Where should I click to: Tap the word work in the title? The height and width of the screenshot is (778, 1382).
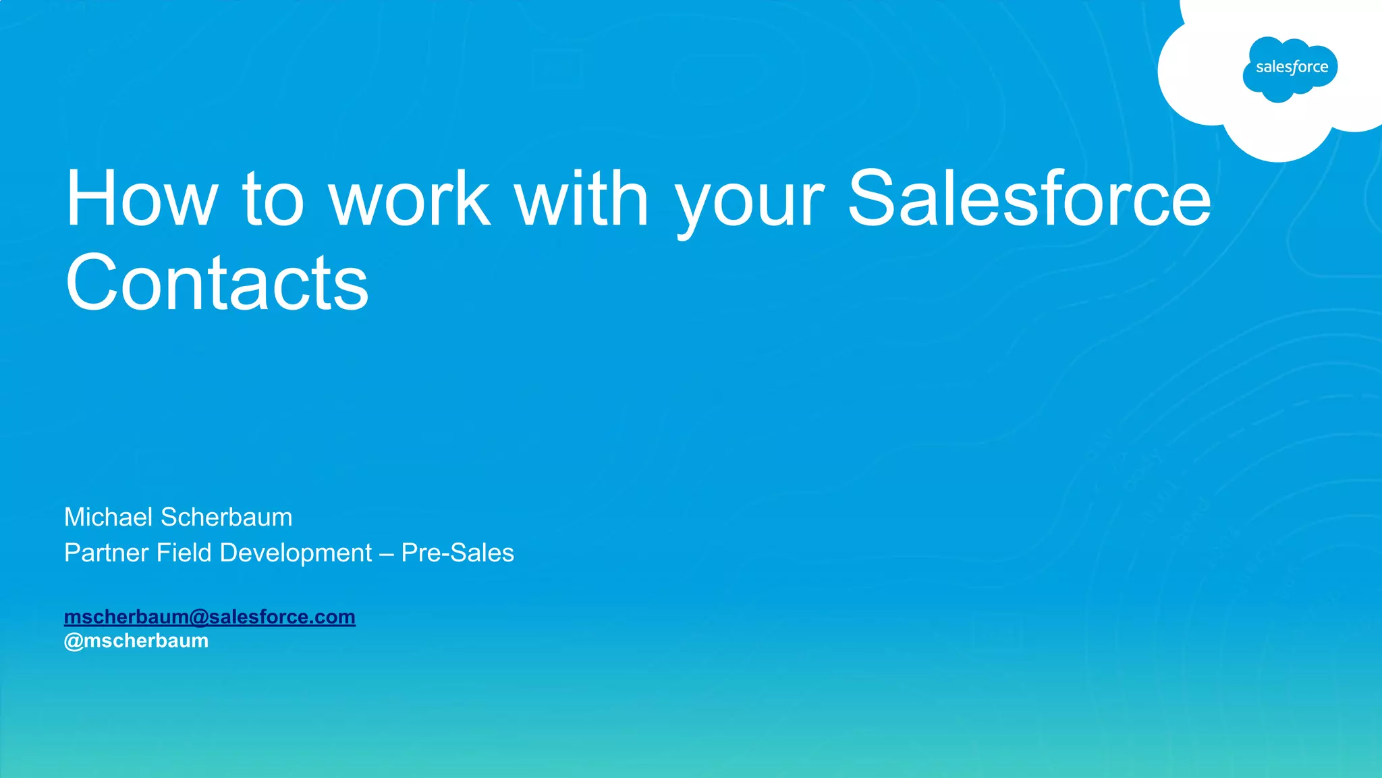click(409, 199)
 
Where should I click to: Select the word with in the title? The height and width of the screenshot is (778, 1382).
click(581, 199)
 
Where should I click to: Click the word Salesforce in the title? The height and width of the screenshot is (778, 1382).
click(1029, 199)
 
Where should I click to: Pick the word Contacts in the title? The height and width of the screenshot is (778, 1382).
click(217, 283)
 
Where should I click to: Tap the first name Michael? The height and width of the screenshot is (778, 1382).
click(108, 518)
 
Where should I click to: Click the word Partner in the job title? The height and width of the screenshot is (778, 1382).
click(106, 553)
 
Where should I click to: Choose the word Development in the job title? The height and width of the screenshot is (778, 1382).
click(296, 553)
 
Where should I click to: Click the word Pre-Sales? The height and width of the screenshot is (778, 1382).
click(458, 553)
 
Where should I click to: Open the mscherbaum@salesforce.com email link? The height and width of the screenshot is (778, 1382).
click(209, 617)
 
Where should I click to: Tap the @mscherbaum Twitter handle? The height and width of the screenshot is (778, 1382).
click(136, 640)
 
